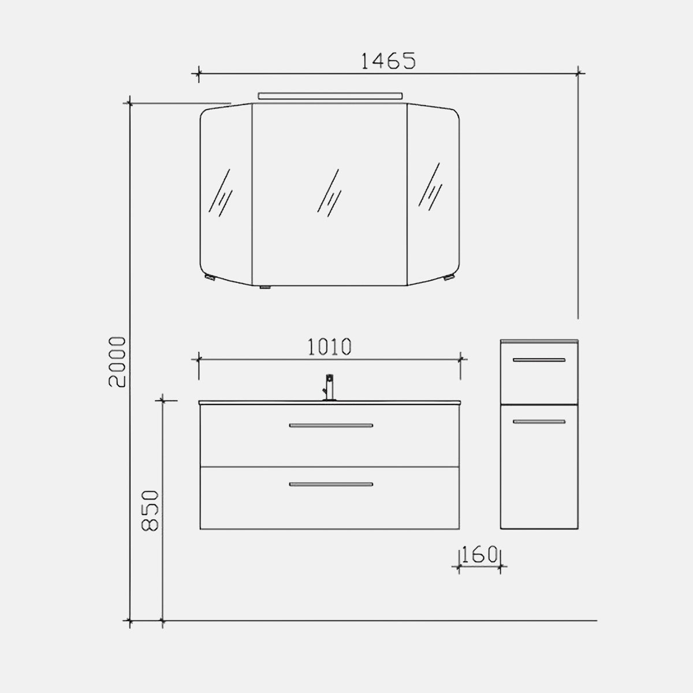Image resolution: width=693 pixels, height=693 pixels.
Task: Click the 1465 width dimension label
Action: [389, 61]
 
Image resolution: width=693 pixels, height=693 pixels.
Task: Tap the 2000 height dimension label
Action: [117, 362]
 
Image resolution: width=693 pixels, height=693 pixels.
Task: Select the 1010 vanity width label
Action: [329, 347]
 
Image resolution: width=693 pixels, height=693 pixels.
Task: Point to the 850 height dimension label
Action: [150, 511]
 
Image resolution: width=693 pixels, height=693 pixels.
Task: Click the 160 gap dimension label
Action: [479, 554]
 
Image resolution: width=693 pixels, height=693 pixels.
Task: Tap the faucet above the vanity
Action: [329, 388]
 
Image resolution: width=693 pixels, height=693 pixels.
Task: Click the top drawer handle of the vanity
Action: [331, 426]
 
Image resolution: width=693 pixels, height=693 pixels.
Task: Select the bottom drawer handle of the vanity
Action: [331, 485]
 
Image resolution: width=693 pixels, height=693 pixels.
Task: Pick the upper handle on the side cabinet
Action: [539, 360]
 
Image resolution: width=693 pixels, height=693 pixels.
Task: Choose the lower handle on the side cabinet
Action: [539, 422]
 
